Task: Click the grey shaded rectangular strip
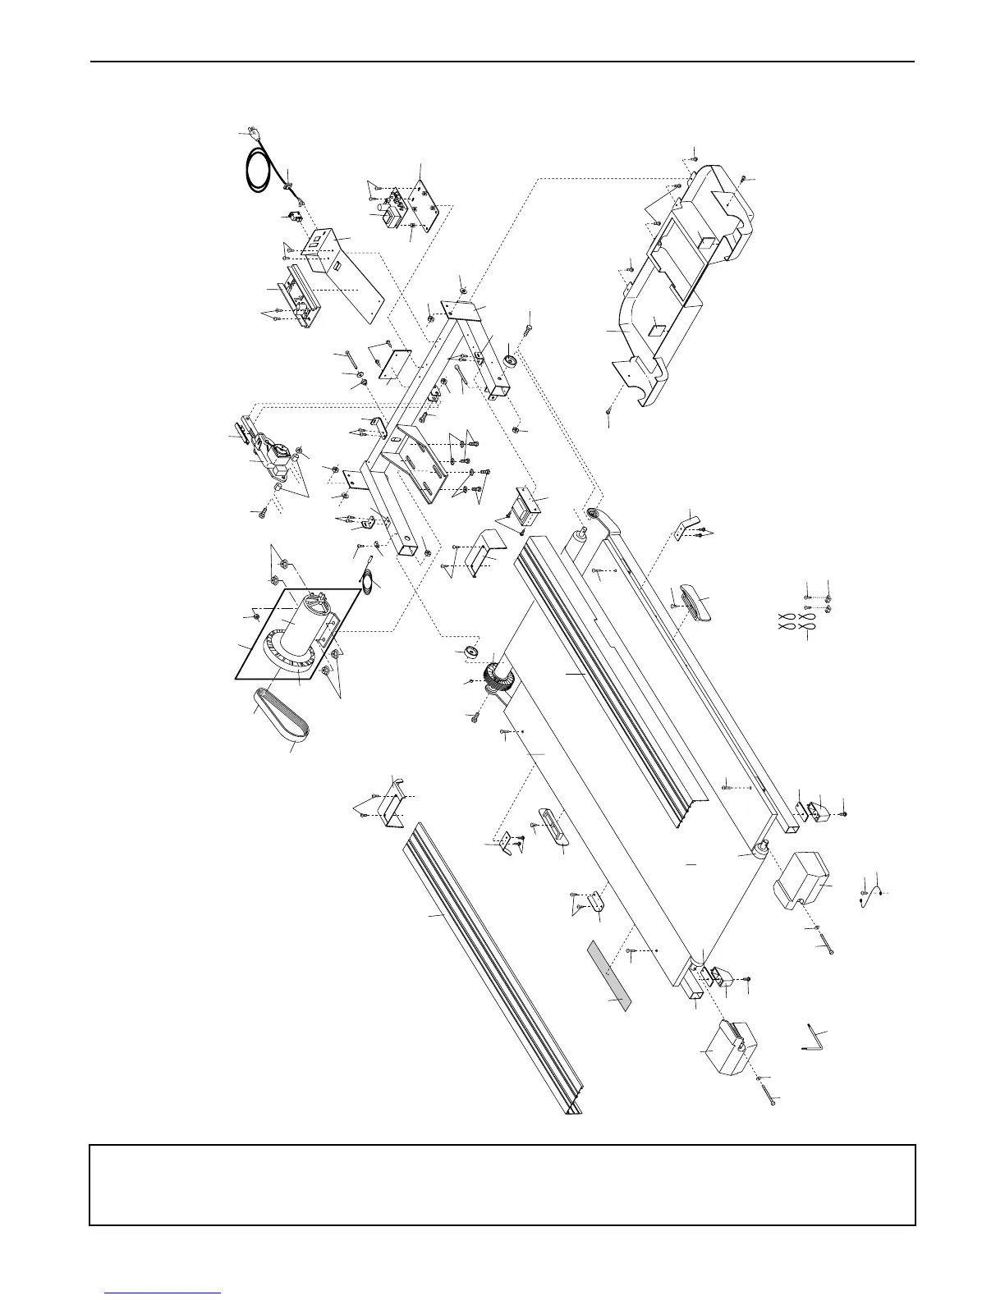(608, 976)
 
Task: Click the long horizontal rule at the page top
(502, 62)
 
